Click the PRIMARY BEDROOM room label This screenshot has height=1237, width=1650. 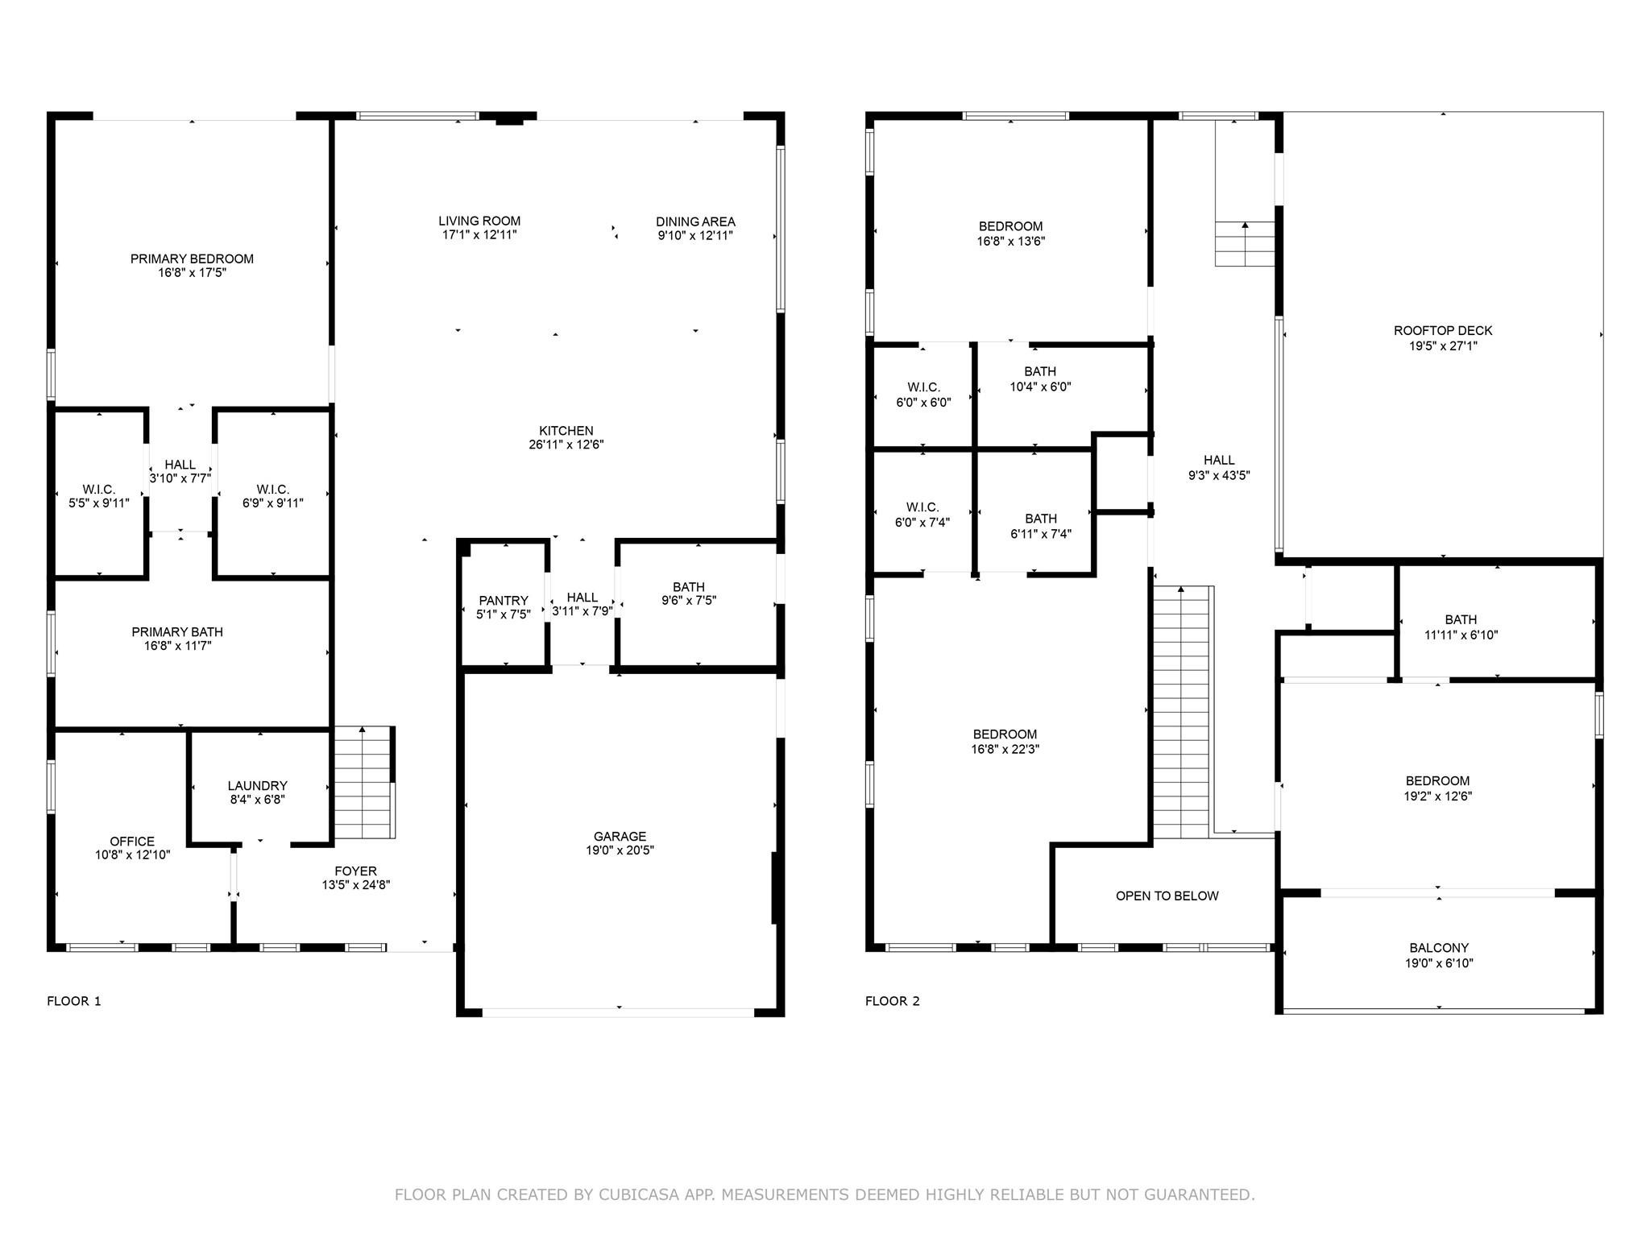coord(192,259)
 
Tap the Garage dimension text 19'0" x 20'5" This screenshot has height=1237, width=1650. coord(620,850)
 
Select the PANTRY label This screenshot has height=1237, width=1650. coord(504,601)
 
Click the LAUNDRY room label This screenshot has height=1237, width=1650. coord(257,786)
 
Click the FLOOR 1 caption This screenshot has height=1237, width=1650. coord(74,1001)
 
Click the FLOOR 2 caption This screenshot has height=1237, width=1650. coord(892,1001)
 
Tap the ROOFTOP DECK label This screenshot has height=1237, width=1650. coord(1443,331)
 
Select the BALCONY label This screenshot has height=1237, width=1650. coord(1439,948)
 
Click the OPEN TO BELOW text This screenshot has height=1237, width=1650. coord(1167,896)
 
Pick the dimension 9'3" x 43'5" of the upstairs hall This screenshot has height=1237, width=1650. coord(1219,475)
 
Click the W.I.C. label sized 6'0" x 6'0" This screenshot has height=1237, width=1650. coord(923,387)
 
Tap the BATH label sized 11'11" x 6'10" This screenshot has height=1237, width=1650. coord(1461,619)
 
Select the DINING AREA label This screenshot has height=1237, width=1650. coord(695,221)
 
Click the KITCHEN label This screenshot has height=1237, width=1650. coord(566,431)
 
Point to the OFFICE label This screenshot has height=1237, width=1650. coord(132,842)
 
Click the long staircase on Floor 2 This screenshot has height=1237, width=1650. coord(1182,713)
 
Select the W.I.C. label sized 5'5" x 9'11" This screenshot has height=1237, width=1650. coord(98,490)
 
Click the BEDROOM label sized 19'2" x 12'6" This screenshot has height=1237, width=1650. coord(1437,781)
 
